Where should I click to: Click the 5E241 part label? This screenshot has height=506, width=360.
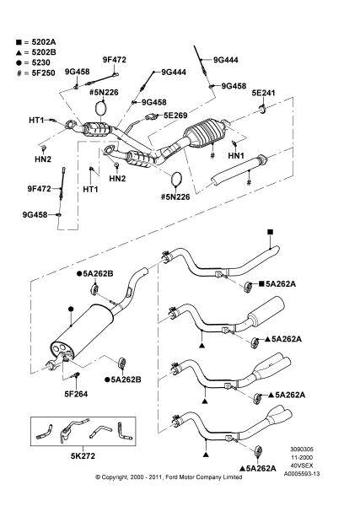coord(263,93)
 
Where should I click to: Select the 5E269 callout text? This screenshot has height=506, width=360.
coord(175,116)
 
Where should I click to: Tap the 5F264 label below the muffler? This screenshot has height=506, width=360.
coord(76,394)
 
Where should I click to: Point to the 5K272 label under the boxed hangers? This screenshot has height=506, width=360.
coord(83,455)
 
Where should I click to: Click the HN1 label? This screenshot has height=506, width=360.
coord(236,155)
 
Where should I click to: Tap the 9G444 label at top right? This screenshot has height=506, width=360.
coord(225,60)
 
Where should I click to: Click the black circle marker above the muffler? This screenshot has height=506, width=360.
coord(71,309)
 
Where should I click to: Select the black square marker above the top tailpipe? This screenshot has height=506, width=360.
coord(270,232)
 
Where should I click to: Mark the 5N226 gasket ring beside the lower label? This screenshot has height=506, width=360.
coord(176,179)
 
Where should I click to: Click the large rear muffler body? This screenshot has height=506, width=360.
coord(83,332)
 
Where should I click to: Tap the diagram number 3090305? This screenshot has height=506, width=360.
coord(302,449)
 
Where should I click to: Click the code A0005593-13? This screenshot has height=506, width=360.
coord(302,474)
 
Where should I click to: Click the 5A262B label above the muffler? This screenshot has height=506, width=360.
coord(98,273)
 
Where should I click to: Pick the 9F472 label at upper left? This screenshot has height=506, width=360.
coord(115,60)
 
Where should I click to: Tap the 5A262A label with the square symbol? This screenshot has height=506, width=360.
coord(281,283)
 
